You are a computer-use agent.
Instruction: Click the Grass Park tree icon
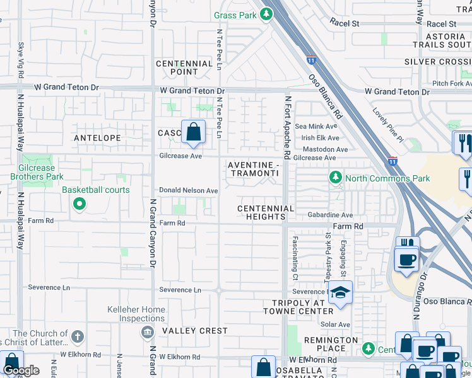(267, 13)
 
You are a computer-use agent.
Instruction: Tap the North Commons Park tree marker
(336, 178)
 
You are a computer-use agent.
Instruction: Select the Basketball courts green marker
(79, 203)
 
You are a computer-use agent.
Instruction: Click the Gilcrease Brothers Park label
(32, 172)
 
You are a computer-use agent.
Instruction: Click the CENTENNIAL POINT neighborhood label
(184, 68)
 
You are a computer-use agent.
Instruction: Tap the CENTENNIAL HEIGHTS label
(266, 212)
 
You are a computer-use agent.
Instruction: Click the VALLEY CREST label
(195, 331)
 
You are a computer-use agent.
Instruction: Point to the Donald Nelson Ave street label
(188, 190)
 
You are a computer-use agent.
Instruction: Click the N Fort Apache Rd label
(287, 127)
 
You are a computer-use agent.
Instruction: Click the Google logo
(21, 370)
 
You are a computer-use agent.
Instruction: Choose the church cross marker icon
(77, 337)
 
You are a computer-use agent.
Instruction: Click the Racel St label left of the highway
(345, 23)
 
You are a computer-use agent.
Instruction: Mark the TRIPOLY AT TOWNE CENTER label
(298, 307)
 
